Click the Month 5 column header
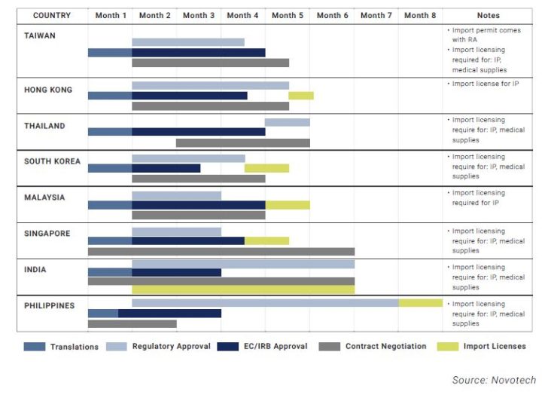point(288,15)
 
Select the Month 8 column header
point(420,15)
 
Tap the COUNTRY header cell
point(52,15)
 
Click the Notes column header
point(488,15)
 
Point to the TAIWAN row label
point(40,35)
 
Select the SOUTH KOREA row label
point(52,161)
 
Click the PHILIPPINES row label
point(49,305)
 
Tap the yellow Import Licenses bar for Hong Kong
point(301,96)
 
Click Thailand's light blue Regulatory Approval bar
point(287,122)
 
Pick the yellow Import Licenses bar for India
point(243,290)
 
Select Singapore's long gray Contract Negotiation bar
point(221,251)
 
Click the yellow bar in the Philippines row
point(421,303)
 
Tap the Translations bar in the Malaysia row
point(110,205)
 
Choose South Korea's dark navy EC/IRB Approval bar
point(166,168)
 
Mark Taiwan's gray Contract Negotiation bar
point(210,63)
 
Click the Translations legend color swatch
point(35,347)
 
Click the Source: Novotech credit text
point(494,379)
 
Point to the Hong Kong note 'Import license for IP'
point(486,84)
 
